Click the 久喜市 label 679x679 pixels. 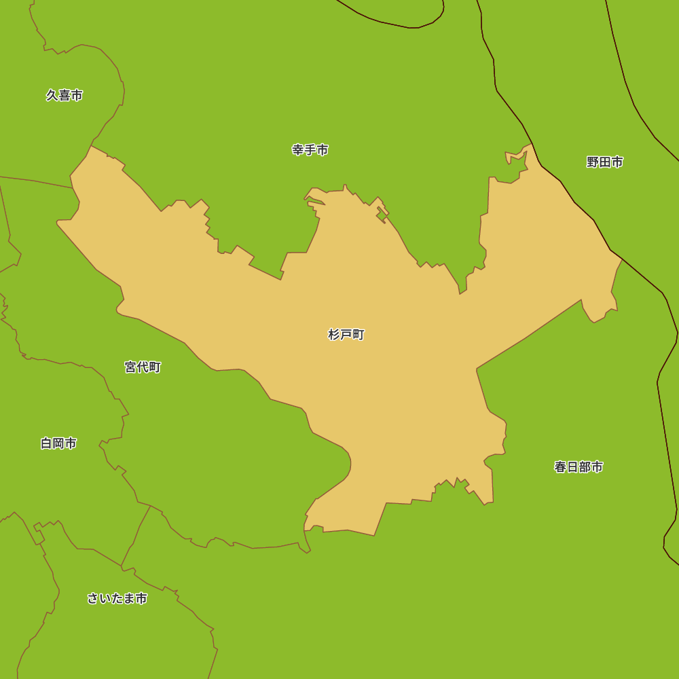click(x=65, y=96)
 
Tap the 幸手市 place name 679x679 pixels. click(x=310, y=150)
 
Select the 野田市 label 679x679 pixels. click(x=605, y=162)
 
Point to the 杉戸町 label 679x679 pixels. click(x=346, y=335)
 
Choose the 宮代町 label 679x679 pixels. click(x=143, y=367)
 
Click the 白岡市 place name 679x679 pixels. click(x=58, y=443)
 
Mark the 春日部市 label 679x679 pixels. click(x=579, y=467)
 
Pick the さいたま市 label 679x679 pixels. click(x=117, y=599)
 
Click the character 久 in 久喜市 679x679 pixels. click(x=52, y=96)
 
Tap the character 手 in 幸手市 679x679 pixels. click(x=310, y=150)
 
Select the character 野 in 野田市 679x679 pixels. click(x=593, y=162)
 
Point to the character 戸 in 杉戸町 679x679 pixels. click(x=346, y=335)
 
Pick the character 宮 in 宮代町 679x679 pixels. click(x=130, y=367)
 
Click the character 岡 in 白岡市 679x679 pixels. click(x=58, y=443)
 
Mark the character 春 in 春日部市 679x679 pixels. click(x=560, y=467)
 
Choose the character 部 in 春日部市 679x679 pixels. click(x=585, y=467)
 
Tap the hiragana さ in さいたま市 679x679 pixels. click(x=93, y=599)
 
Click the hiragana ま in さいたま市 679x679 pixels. click(x=129, y=599)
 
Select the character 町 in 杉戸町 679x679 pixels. click(x=359, y=335)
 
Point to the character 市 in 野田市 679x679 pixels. click(x=617, y=162)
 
